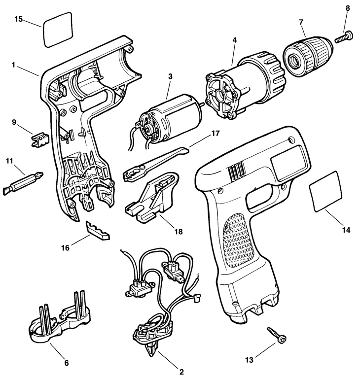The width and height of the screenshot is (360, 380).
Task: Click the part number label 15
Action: (x=18, y=19)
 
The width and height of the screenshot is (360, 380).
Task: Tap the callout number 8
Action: (x=348, y=8)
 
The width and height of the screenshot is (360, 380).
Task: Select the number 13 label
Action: (x=249, y=360)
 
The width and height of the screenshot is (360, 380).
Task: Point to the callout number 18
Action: (x=179, y=232)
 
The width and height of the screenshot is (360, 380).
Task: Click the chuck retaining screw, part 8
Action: (x=344, y=37)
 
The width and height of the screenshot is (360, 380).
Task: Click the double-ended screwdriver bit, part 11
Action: (x=23, y=181)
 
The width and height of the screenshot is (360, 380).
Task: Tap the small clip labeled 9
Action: (x=40, y=139)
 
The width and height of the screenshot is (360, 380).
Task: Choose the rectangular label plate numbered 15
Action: (x=58, y=30)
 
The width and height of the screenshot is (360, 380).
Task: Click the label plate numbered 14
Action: (x=325, y=191)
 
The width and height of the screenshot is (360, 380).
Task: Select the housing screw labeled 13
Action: (x=277, y=335)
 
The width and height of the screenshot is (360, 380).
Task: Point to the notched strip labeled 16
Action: (x=97, y=231)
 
